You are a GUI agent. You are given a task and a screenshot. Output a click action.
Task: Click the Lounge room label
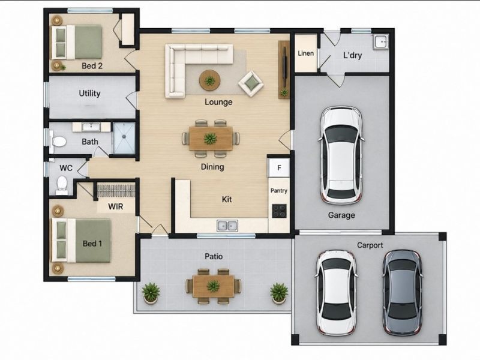tap(218, 102)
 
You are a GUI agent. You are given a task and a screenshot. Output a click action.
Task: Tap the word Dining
tap(212, 167)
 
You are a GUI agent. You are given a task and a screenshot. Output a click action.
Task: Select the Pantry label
tap(279, 191)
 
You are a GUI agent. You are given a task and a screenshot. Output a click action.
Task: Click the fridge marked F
tap(279, 167)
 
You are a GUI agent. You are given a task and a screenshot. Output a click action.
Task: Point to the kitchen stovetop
tap(279, 211)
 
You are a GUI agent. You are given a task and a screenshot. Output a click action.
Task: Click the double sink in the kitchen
tap(227, 226)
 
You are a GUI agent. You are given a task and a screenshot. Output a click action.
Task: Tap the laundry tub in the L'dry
tap(380, 41)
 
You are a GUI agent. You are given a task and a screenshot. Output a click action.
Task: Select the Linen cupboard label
tap(305, 53)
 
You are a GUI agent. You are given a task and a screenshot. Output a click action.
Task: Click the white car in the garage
tap(341, 155)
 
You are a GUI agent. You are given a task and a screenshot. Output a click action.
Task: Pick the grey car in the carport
tap(402, 292)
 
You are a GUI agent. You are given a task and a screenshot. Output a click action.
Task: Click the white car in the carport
tap(337, 293)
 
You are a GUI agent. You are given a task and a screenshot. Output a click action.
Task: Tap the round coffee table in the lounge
tap(209, 80)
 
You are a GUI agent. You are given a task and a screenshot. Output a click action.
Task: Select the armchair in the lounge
tap(251, 83)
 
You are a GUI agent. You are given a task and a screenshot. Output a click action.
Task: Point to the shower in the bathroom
tap(124, 138)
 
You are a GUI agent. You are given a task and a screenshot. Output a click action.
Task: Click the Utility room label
tap(89, 94)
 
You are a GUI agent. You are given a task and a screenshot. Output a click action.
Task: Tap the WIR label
tap(116, 206)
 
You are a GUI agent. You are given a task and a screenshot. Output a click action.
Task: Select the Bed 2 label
tap(92, 66)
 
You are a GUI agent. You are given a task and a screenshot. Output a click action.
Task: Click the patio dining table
tap(213, 287)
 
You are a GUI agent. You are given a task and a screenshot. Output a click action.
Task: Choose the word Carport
tap(370, 245)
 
